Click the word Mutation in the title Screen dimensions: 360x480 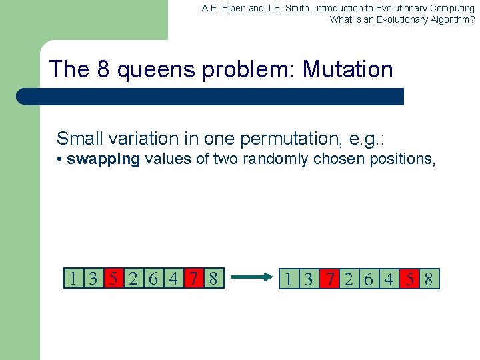[347, 69]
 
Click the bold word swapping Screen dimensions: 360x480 [103, 159]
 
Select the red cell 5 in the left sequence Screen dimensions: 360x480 [114, 278]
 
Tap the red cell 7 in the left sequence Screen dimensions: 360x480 [193, 278]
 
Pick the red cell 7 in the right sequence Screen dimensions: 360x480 [329, 279]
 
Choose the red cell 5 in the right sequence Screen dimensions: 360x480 [408, 279]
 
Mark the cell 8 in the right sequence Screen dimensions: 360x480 [428, 279]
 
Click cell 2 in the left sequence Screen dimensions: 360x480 [133, 278]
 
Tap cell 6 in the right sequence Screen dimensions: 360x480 [369, 279]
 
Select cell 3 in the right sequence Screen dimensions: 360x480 [309, 279]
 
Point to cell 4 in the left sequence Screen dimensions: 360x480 [173, 278]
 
